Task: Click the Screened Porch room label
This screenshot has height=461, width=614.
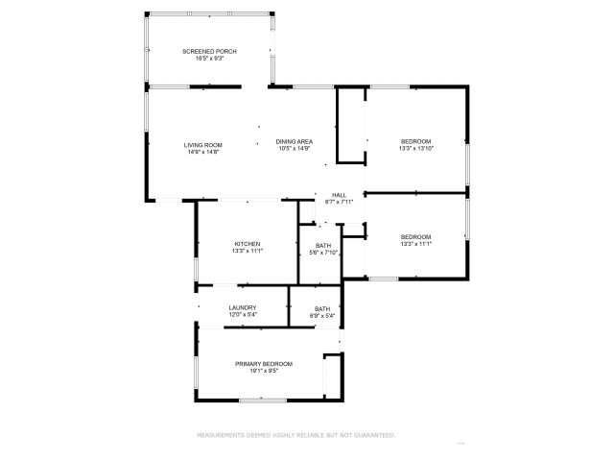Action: click(209, 51)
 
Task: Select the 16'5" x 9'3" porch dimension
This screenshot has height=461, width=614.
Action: click(209, 59)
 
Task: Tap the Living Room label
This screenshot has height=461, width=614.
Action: click(202, 144)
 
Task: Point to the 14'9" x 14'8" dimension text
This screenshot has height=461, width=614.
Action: click(202, 152)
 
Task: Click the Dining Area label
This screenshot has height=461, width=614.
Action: click(294, 141)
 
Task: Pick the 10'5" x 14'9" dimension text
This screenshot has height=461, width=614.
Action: click(294, 149)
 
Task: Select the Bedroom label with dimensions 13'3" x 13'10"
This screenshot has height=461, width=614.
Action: click(415, 141)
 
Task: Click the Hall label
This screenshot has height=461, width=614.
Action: click(340, 194)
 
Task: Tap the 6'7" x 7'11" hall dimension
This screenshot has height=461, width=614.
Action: click(340, 202)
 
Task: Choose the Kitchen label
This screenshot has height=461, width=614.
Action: click(247, 244)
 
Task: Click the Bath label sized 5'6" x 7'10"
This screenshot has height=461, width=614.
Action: click(323, 246)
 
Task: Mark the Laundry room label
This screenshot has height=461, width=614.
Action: click(242, 306)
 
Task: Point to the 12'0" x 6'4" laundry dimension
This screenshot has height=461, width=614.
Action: click(242, 314)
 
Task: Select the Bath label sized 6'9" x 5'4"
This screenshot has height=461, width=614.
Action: click(321, 308)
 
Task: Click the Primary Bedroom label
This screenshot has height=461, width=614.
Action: click(264, 363)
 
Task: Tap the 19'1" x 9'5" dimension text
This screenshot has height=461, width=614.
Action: click(264, 371)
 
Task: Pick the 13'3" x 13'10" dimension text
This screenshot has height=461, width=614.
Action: click(415, 149)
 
